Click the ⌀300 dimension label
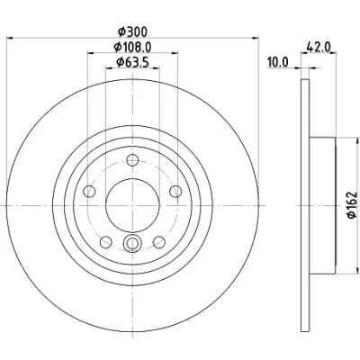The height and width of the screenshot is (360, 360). (x=132, y=31)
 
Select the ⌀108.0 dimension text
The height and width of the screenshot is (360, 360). (x=132, y=47)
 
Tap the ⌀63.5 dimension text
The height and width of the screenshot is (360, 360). (x=132, y=62)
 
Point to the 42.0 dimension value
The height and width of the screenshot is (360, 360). (x=318, y=47)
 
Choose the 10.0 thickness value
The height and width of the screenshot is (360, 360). (x=278, y=63)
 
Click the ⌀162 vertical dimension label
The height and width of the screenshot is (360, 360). (x=353, y=204)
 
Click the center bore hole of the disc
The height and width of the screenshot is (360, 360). (x=132, y=205)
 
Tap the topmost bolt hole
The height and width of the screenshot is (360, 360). (x=132, y=160)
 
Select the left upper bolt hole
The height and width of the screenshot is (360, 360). (x=89, y=192)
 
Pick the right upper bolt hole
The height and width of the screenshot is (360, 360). (x=175, y=192)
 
